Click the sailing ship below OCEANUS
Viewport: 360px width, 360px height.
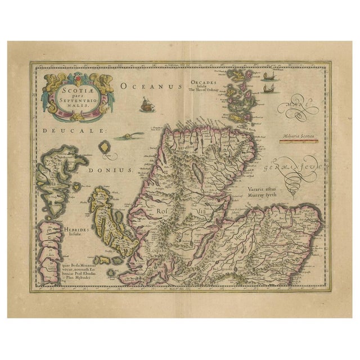pyautogui.click(x=147, y=103)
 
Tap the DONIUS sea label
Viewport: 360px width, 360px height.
pyautogui.click(x=116, y=169)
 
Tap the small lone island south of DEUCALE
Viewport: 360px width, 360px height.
pyautogui.click(x=104, y=147)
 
